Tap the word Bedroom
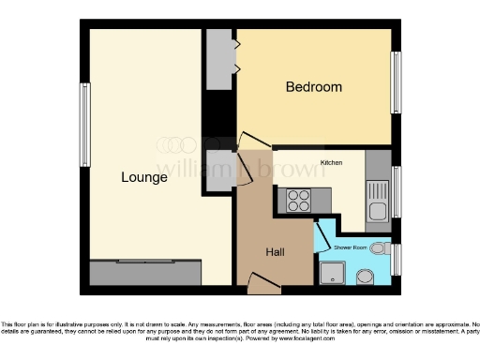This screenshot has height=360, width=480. [x=313, y=87]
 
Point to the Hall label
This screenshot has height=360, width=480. [x=276, y=252]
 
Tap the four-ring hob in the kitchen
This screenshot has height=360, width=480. [x=299, y=200]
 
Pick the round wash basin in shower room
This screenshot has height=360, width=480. [x=364, y=275]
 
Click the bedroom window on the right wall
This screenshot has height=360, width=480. [x=396, y=83]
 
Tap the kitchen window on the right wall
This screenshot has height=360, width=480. [x=396, y=191]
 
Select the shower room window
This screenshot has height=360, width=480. [x=396, y=259]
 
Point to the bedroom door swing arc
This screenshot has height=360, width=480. [x=246, y=141]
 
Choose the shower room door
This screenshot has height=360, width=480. [x=320, y=231]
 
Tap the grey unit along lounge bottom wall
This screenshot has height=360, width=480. [x=145, y=273]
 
